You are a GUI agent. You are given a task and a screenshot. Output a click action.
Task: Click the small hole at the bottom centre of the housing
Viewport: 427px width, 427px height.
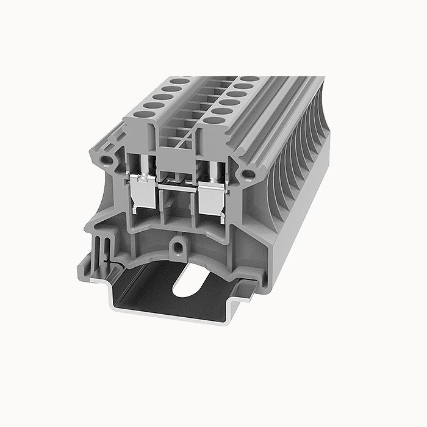coord(178,248)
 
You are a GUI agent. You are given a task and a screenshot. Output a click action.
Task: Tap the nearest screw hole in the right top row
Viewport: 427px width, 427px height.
coord(213,120)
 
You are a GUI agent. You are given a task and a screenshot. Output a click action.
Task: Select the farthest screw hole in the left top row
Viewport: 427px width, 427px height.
coord(179,81)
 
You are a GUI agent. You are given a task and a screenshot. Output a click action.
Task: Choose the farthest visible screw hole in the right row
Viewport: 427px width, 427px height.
coord(249,79)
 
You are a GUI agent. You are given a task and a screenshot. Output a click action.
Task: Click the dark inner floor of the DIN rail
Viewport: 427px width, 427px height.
coord(159,293)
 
